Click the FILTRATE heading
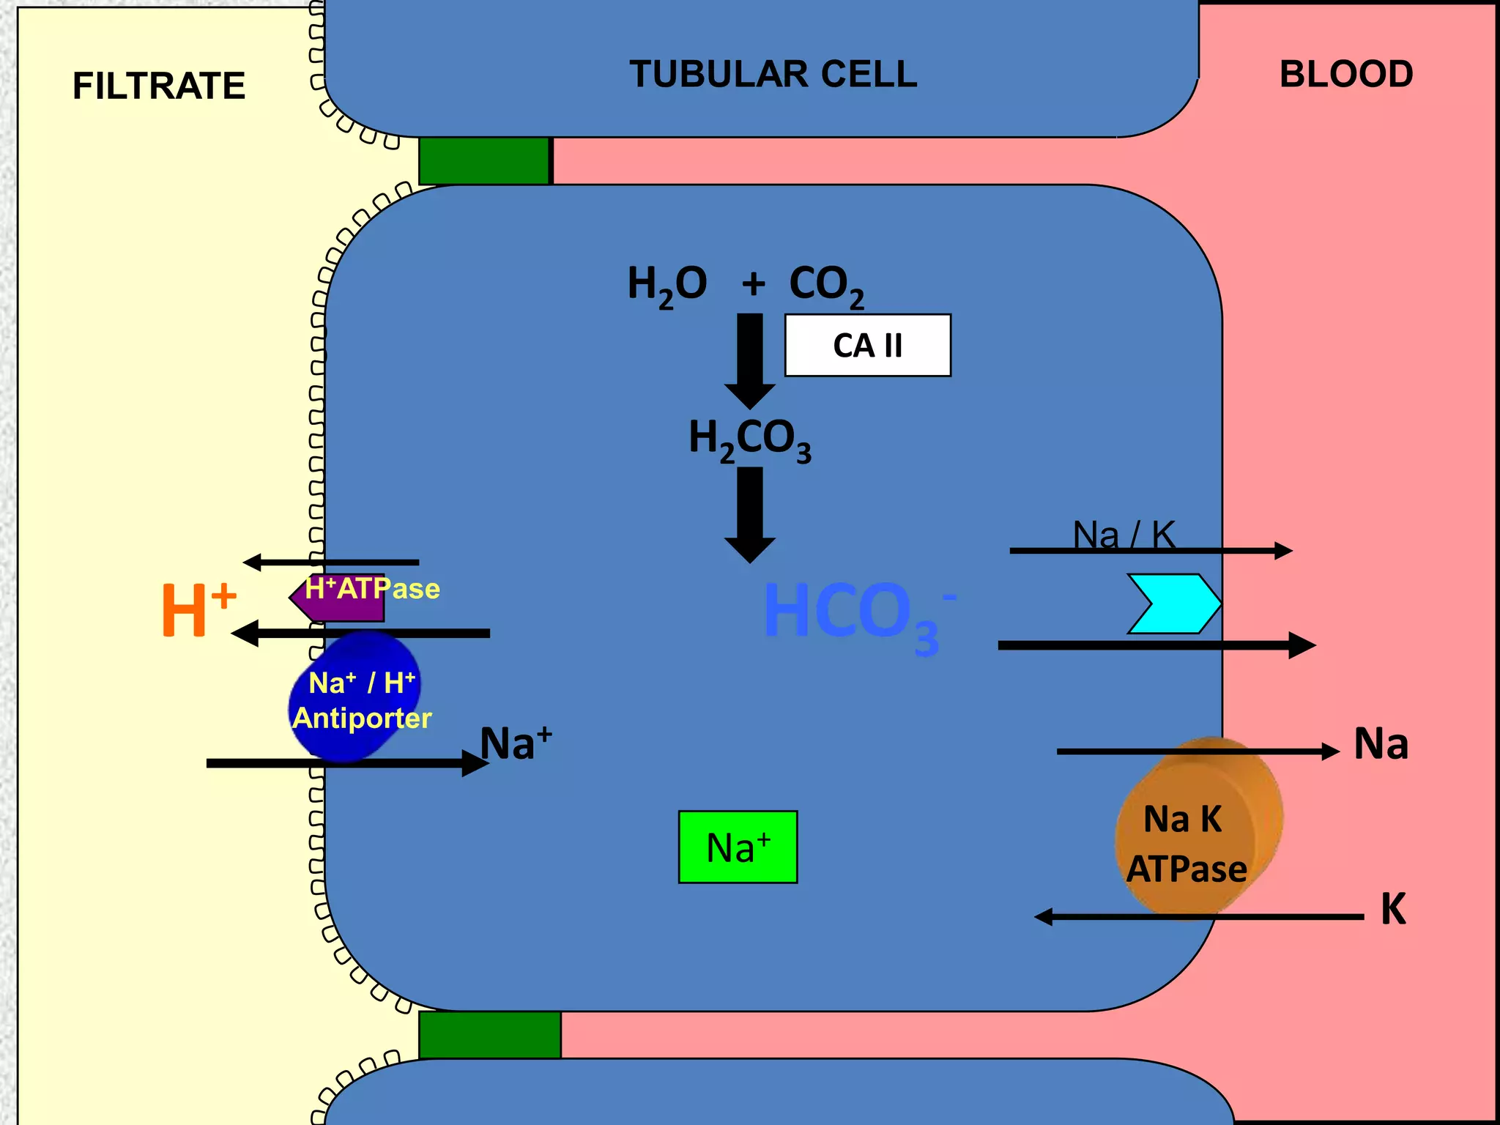coord(159,86)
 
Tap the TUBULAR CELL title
coord(773,74)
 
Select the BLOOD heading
coord(1345,74)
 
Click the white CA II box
coord(867,346)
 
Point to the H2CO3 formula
coord(749,439)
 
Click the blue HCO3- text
coord(853,614)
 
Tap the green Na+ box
coord(738,847)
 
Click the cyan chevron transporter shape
coord(1172,604)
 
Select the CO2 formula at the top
coord(825,286)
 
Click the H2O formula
coord(667,286)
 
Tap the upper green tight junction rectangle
coord(484,160)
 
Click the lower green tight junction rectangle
coord(489,1034)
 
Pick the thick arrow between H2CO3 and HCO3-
coord(750,514)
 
